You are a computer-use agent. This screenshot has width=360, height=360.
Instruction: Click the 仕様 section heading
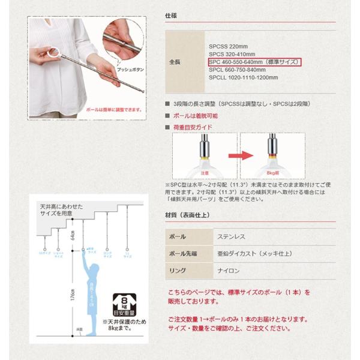point(170,16)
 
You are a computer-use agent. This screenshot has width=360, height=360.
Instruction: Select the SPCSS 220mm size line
point(228,46)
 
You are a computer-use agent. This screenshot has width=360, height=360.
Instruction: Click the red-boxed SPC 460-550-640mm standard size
point(254,62)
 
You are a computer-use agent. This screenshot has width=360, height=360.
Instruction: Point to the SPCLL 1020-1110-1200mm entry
point(243,77)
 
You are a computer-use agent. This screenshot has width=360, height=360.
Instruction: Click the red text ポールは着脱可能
point(195,115)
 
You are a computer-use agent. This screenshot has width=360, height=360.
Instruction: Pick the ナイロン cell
point(229,271)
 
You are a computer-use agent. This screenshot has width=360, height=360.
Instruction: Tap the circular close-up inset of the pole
point(124,38)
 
